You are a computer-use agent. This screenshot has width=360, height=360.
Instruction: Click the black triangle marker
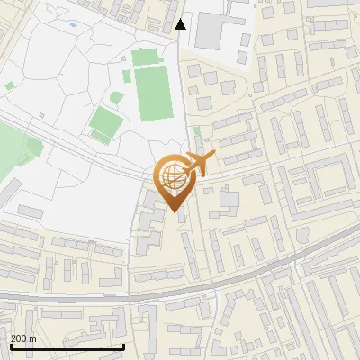point(181,24)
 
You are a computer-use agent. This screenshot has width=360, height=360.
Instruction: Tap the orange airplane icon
point(199,165)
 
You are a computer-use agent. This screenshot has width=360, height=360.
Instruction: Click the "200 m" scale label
point(22,338)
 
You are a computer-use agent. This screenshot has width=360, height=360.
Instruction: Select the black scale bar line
point(67,346)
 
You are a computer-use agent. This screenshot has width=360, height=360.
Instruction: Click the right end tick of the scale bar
point(123,345)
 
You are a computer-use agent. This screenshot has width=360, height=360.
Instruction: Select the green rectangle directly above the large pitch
point(145,58)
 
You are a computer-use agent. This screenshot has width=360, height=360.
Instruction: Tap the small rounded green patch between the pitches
point(117,97)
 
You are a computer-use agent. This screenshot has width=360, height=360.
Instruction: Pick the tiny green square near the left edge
point(10,85)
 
